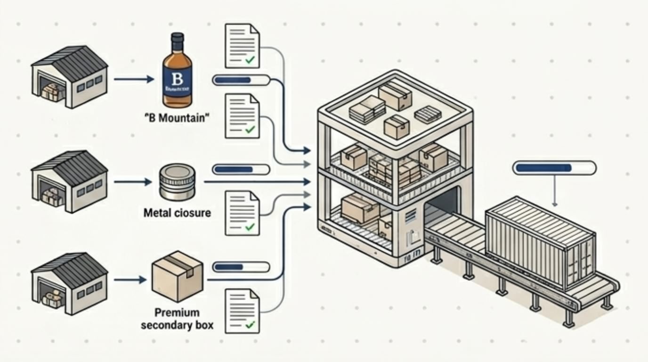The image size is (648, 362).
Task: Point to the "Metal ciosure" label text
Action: (177, 213)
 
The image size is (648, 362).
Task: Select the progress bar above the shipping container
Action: (554, 168)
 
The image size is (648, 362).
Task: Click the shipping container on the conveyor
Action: (542, 240)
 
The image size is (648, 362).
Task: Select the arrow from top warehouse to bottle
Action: (134, 80)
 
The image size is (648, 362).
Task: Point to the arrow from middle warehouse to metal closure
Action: (134, 181)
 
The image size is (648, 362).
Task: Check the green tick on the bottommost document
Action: (250, 324)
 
